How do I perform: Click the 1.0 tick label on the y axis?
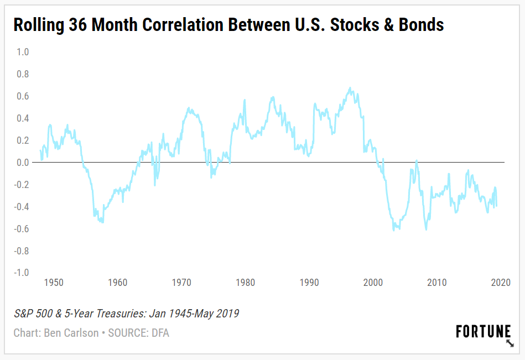click(x=22, y=52)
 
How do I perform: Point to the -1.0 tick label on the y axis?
click(x=21, y=273)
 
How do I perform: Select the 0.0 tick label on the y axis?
click(x=22, y=163)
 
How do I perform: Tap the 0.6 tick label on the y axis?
click(x=22, y=96)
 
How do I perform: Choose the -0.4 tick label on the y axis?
click(x=21, y=207)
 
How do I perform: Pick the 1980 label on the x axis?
click(x=245, y=283)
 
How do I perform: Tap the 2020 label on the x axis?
click(x=500, y=283)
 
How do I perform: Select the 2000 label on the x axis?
click(x=373, y=283)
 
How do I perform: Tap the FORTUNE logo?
click(x=483, y=332)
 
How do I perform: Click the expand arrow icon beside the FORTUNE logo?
click(x=510, y=343)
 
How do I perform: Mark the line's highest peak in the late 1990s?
click(x=350, y=87)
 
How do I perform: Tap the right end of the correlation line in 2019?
click(x=497, y=206)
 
